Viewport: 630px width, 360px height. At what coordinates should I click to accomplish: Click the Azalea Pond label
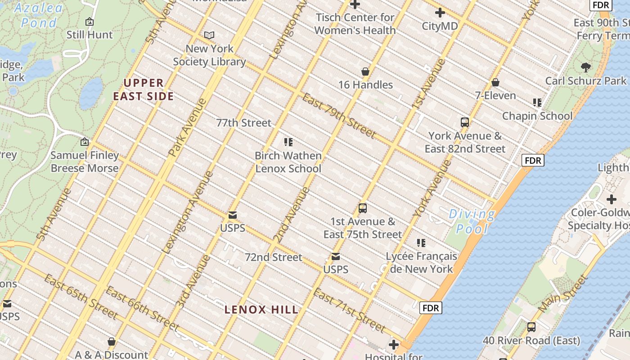tap(38, 15)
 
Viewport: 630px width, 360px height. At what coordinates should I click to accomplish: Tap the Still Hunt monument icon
tap(90, 22)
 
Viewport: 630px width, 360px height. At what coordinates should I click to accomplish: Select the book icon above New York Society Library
tap(209, 35)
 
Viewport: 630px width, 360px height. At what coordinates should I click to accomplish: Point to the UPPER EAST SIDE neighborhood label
tap(144, 90)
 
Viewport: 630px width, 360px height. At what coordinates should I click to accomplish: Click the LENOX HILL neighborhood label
tap(261, 310)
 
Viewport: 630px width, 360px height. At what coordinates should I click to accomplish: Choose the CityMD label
tap(440, 26)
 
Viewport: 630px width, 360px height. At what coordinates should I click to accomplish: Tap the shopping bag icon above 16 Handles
tap(365, 72)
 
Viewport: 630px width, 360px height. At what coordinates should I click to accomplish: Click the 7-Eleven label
tap(495, 95)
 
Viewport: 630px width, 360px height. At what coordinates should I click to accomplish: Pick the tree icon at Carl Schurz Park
tap(585, 67)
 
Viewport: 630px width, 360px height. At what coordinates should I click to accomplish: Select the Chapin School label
tap(537, 116)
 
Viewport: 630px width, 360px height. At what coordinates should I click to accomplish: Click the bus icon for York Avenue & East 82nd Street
tap(465, 122)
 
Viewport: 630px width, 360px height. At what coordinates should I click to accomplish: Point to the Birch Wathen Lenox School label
tap(288, 162)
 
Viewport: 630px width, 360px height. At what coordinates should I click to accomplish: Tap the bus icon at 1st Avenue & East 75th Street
tap(363, 208)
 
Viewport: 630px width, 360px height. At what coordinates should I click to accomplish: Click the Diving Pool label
tap(472, 221)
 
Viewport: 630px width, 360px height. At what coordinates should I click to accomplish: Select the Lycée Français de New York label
tap(421, 263)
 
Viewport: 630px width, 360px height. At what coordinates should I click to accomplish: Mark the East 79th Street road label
tap(339, 116)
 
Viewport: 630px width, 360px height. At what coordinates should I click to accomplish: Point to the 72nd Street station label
tap(274, 257)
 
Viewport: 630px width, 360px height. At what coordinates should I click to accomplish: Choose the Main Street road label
tap(563, 293)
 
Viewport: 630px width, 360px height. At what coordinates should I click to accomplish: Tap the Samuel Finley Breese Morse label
tap(85, 162)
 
